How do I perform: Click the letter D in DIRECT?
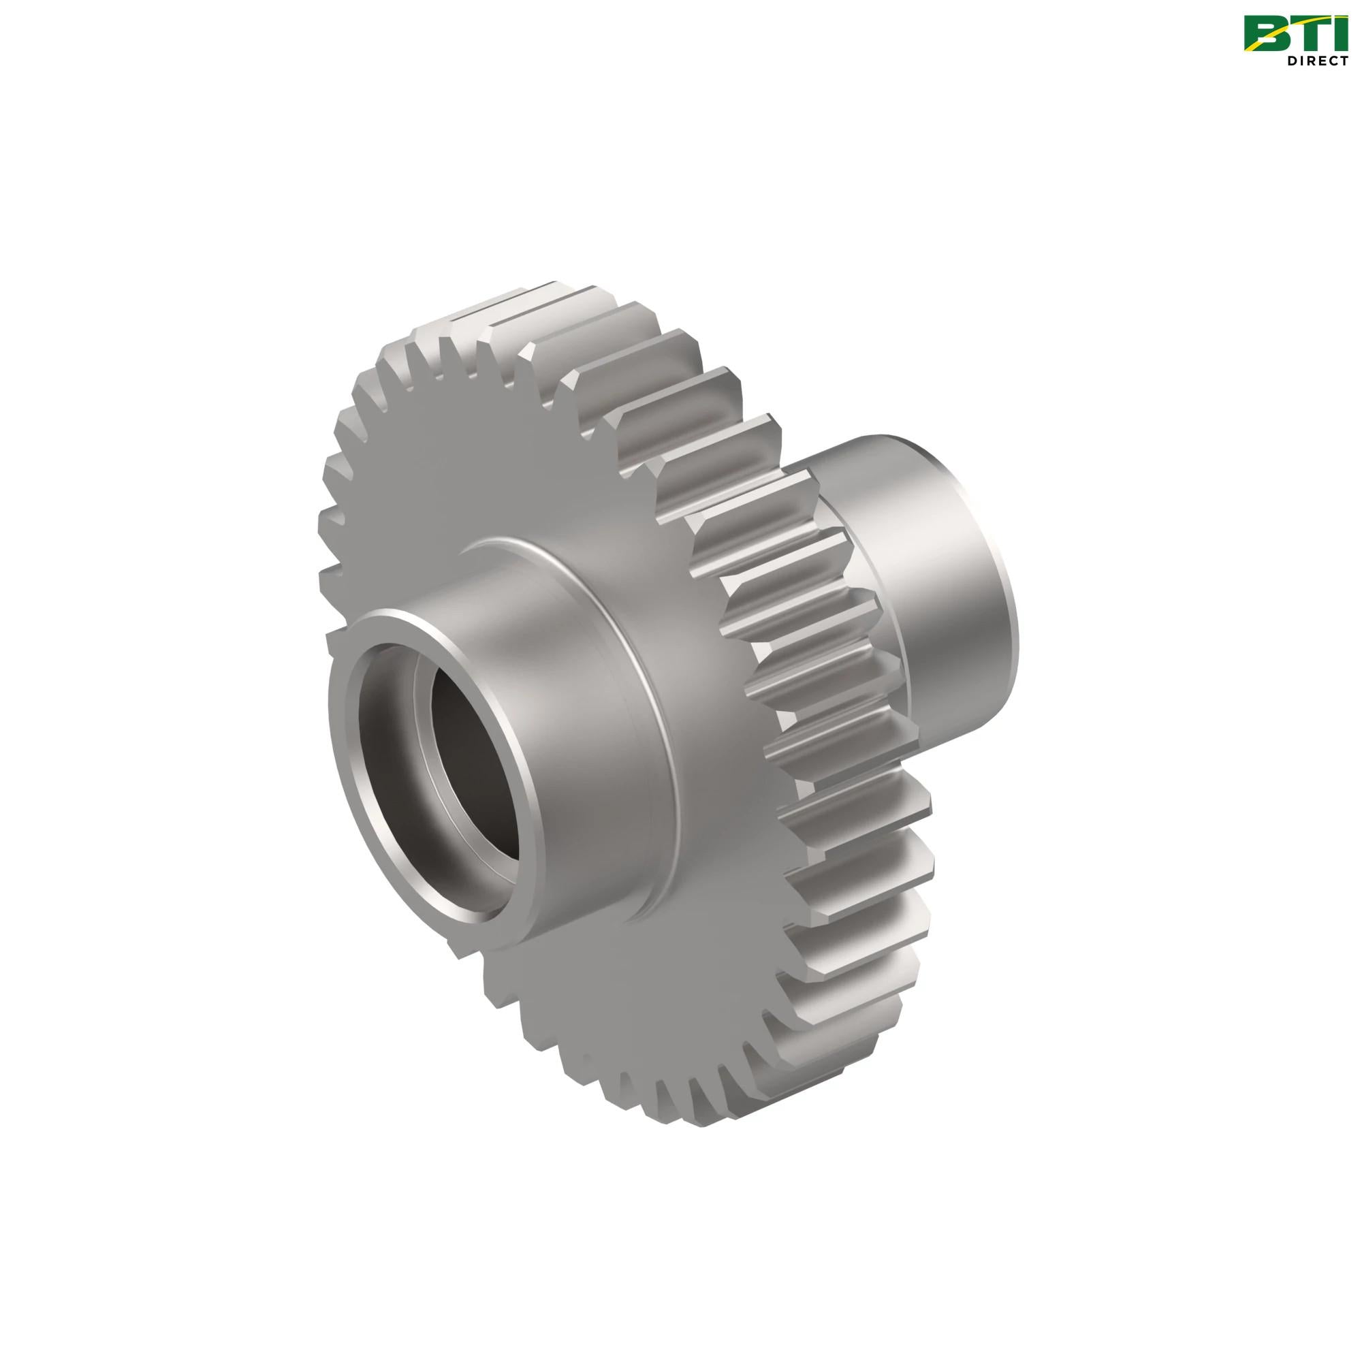pyautogui.click(x=1293, y=61)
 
